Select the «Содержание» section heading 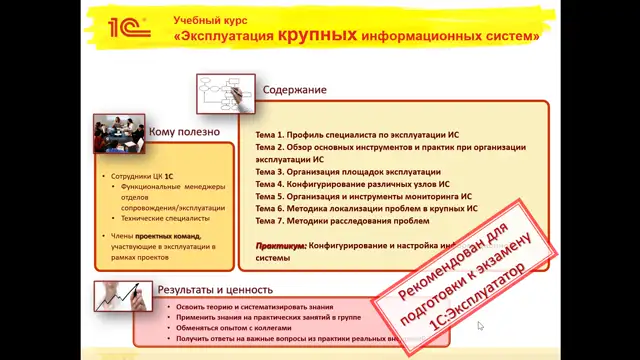coord(295,90)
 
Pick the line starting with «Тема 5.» coord(363,197)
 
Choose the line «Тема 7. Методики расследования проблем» coord(342,221)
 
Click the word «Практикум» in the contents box coord(279,245)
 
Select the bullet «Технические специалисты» coord(165,217)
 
